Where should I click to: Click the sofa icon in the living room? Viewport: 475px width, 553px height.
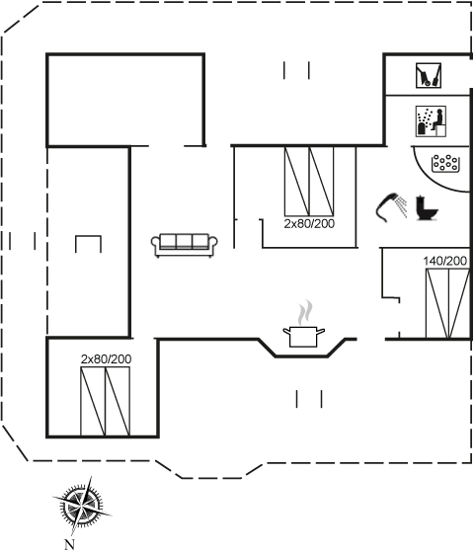pyautogui.click(x=184, y=245)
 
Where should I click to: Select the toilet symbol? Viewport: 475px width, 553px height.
pyautogui.click(x=426, y=208)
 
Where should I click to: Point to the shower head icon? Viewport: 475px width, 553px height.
pyautogui.click(x=391, y=207)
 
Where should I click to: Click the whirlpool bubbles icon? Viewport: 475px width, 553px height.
pyautogui.click(x=445, y=163)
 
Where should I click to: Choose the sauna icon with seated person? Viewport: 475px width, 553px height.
pyautogui.click(x=431, y=120)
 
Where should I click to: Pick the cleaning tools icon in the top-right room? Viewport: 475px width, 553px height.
pyautogui.click(x=429, y=75)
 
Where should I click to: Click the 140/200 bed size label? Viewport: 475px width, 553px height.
pyautogui.click(x=444, y=262)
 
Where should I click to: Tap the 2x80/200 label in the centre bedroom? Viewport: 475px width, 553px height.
pyautogui.click(x=309, y=223)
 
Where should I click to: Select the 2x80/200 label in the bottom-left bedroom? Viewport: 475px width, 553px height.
pyautogui.click(x=106, y=359)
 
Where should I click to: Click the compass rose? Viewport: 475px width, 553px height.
pyautogui.click(x=82, y=506)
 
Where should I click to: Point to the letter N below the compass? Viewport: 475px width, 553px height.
pyautogui.click(x=69, y=544)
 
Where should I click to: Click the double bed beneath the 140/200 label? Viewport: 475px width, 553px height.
pyautogui.click(x=447, y=303)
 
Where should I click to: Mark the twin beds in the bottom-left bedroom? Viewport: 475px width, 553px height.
pyautogui.click(x=105, y=401)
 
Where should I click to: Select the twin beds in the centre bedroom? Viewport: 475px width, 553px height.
pyautogui.click(x=309, y=181)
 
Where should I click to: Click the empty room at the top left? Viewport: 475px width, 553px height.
pyautogui.click(x=125, y=100)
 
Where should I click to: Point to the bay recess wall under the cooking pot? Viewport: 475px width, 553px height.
pyautogui.click(x=302, y=356)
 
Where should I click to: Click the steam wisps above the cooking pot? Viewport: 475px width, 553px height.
pyautogui.click(x=305, y=312)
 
